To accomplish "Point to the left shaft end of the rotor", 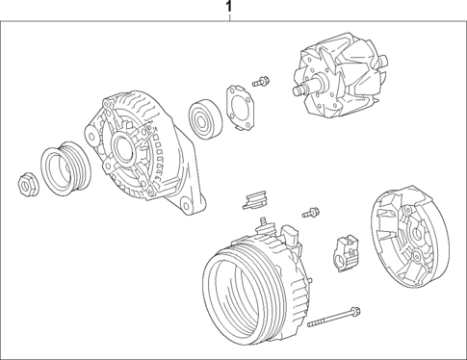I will pos(296,91).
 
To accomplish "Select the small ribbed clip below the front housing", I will pos(253,200).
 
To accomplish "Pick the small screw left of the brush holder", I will pos(311,211).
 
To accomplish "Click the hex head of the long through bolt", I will pos(355,311).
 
